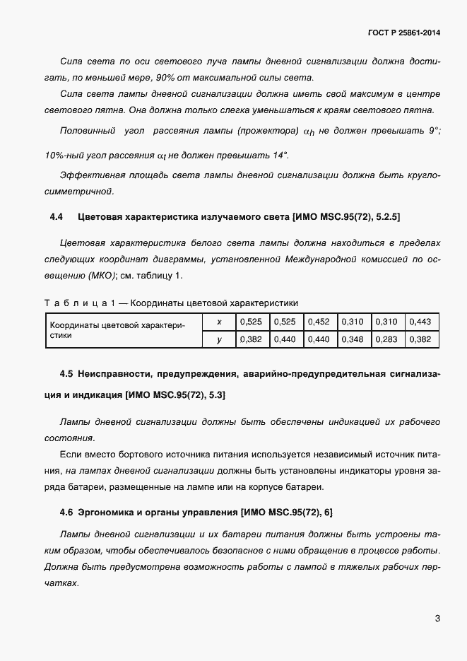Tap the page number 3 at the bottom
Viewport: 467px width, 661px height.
tap(437, 619)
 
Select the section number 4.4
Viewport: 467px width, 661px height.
tap(57, 216)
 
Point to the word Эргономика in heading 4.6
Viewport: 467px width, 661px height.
tap(110, 512)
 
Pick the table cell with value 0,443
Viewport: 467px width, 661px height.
tap(420, 322)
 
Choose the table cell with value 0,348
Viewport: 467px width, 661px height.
tap(353, 340)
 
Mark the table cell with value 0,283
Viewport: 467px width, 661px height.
tap(386, 340)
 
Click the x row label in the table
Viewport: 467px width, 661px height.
tap(219, 322)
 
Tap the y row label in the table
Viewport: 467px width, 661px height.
tap(219, 340)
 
